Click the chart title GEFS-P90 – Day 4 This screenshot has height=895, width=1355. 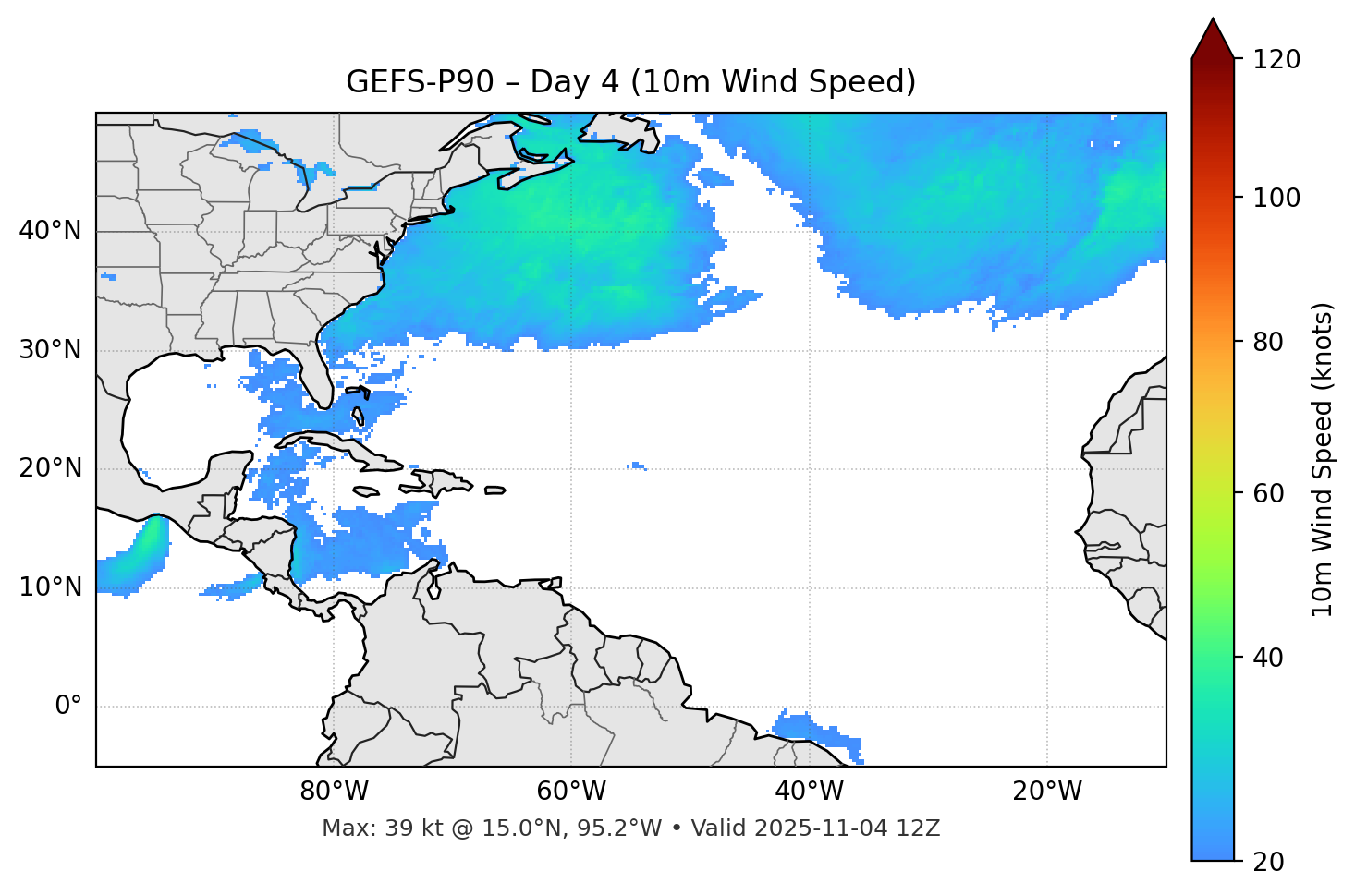[630, 82]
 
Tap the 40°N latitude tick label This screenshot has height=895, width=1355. [50, 231]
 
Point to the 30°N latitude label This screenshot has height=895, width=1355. [50, 350]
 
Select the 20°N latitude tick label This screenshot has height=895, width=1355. [50, 468]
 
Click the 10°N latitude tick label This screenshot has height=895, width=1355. [50, 587]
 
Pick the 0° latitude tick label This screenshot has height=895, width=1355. [68, 707]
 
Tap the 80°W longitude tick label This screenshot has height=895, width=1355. [334, 792]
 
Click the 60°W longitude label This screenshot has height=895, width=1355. [571, 792]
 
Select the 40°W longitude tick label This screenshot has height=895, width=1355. [810, 792]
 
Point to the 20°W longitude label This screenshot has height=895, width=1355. [1047, 792]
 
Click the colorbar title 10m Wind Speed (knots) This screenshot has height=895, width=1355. [1323, 459]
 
